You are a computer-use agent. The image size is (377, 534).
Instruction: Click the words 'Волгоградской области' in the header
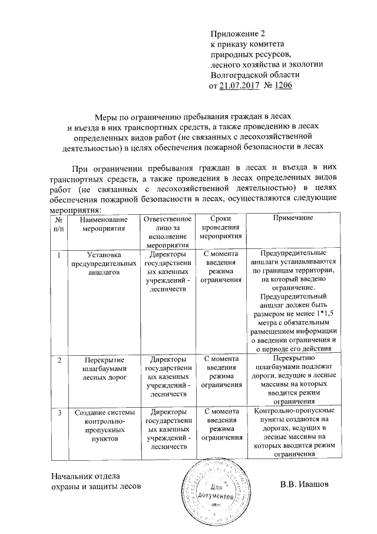pos(255,75)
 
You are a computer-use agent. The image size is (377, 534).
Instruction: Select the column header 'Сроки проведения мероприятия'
pos(220,227)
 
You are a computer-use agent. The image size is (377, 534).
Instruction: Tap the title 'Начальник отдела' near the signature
pos(85,476)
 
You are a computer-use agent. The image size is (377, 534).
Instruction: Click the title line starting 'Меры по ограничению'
pos(194,117)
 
